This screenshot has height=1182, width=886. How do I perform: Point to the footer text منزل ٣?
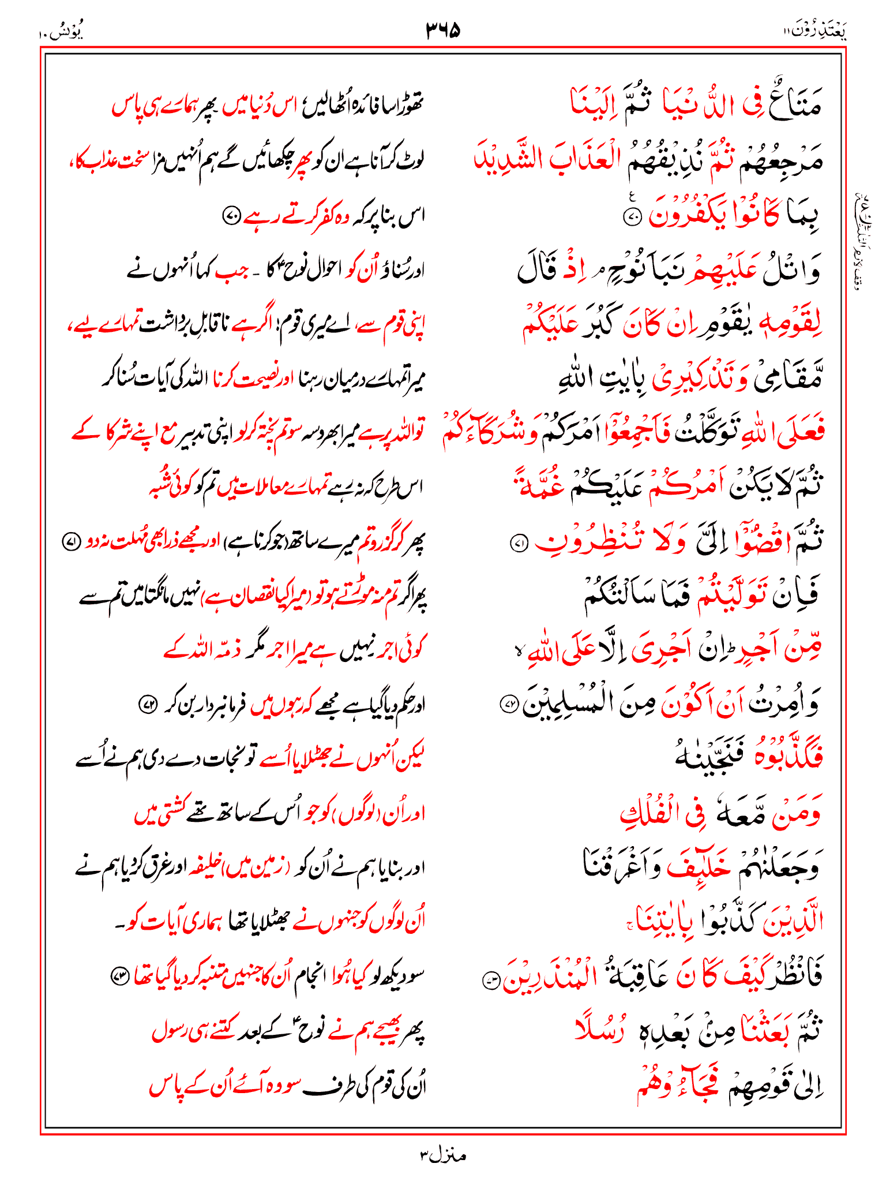(443, 1155)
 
